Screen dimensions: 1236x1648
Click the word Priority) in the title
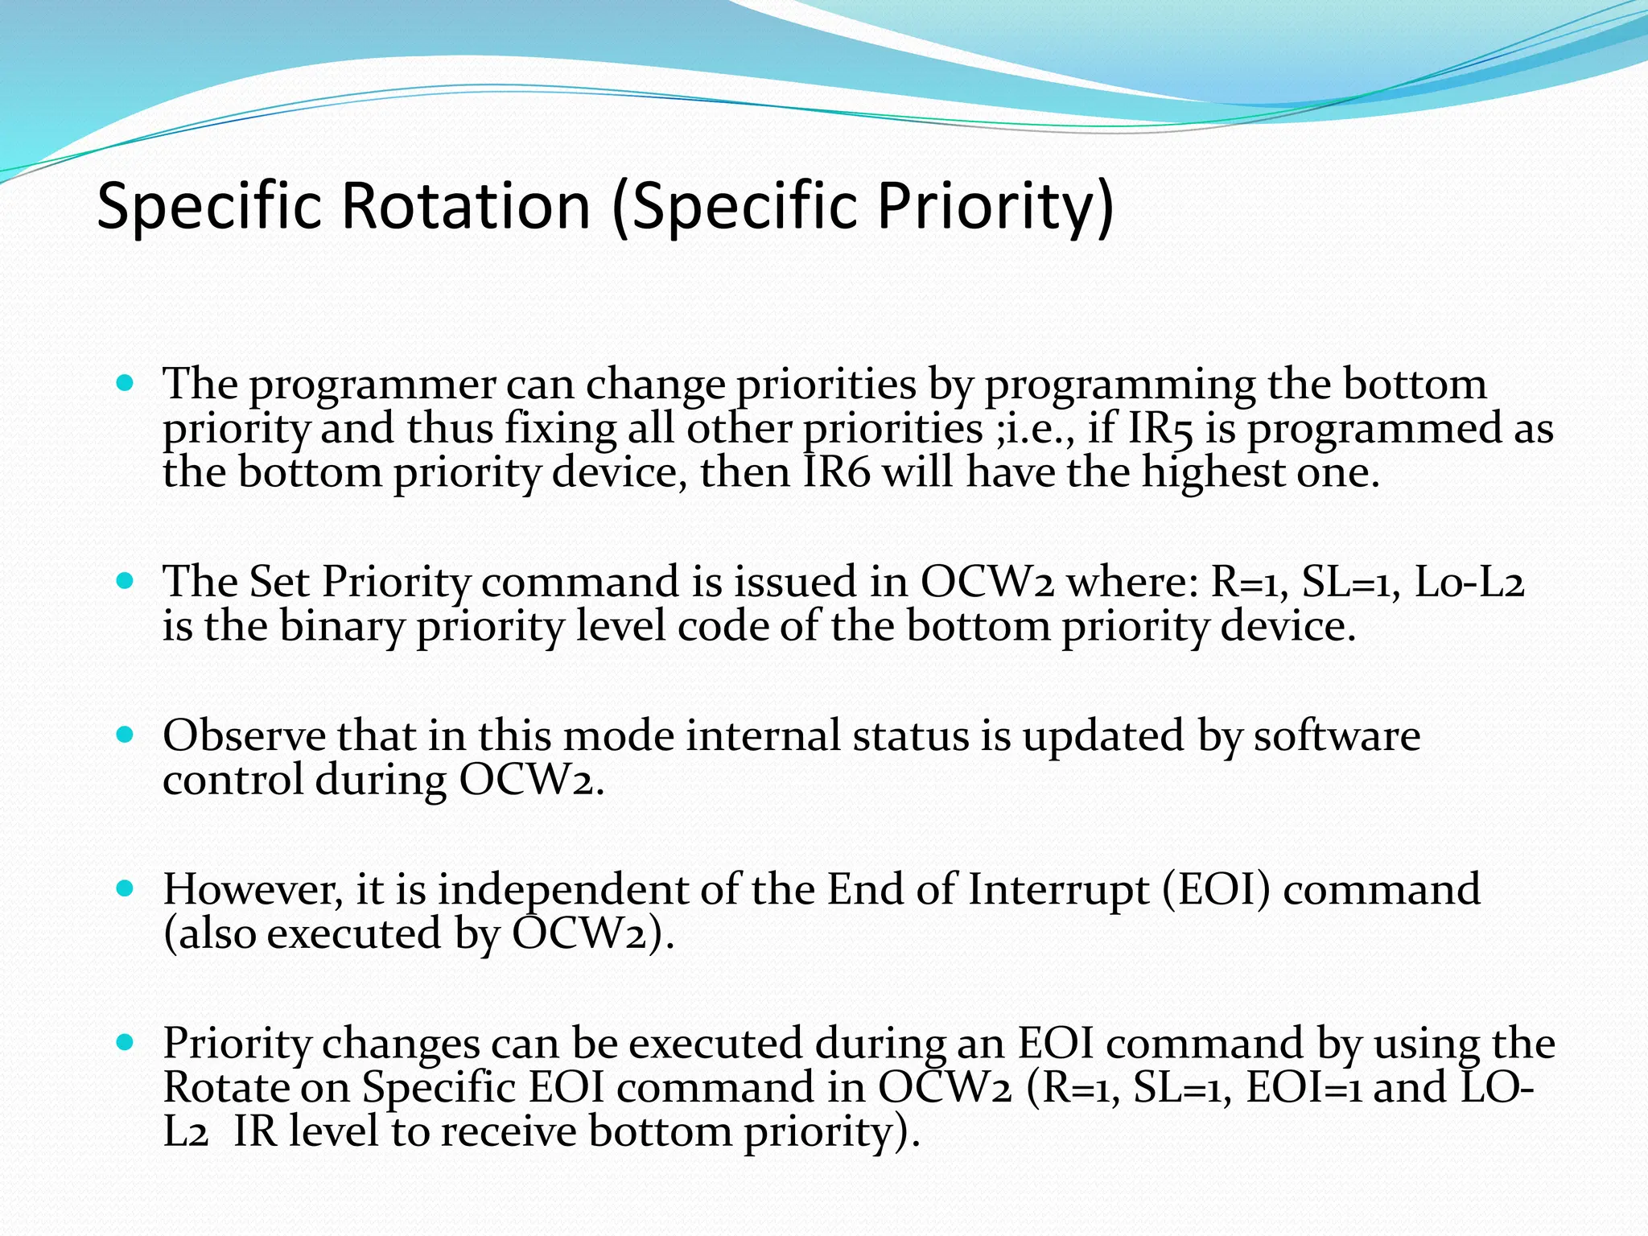pos(995,206)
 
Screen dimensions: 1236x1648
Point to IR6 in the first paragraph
pos(837,472)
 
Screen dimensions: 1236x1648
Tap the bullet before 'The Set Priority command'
pos(124,580)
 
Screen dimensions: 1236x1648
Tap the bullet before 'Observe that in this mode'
pos(124,735)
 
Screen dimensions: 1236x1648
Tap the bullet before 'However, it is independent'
pos(124,888)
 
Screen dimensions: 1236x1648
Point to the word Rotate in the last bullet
pos(226,1087)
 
